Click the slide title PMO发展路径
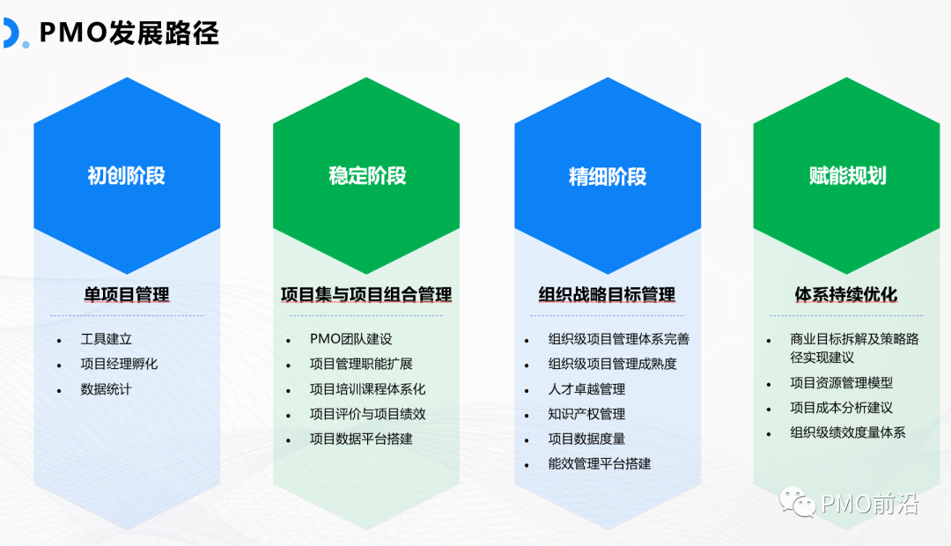(x=129, y=33)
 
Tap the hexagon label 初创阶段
(x=126, y=175)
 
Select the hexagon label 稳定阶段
(x=367, y=175)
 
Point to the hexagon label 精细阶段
(x=608, y=176)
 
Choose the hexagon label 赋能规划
(x=847, y=175)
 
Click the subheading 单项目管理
(x=127, y=294)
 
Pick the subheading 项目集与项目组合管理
(x=366, y=294)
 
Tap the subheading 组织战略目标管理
(x=607, y=294)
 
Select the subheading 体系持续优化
(x=846, y=294)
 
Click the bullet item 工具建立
(x=107, y=339)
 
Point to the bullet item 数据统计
(x=107, y=388)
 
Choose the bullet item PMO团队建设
(x=350, y=339)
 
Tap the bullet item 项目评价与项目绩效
(x=367, y=414)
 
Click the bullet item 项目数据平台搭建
(x=361, y=439)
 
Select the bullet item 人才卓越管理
(x=586, y=389)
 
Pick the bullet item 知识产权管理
(x=586, y=414)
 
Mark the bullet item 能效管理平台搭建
(x=599, y=463)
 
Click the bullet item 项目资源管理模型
(x=841, y=383)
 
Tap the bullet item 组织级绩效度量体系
(x=847, y=432)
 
